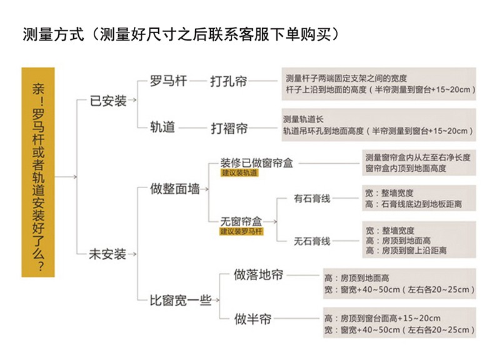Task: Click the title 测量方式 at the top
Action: [53, 33]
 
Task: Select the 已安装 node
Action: [108, 101]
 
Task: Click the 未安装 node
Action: [108, 254]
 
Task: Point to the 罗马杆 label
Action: [167, 81]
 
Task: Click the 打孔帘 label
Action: [228, 81]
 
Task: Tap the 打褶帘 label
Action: [229, 128]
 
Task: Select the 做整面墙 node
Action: [175, 188]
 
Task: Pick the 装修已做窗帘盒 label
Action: [257, 162]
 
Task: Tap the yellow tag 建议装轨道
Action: [239, 172]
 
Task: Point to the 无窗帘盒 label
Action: [241, 221]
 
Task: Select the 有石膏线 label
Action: [312, 199]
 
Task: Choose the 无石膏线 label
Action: [312, 241]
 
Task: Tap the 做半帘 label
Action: [253, 319]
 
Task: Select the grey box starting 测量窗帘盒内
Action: [417, 162]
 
